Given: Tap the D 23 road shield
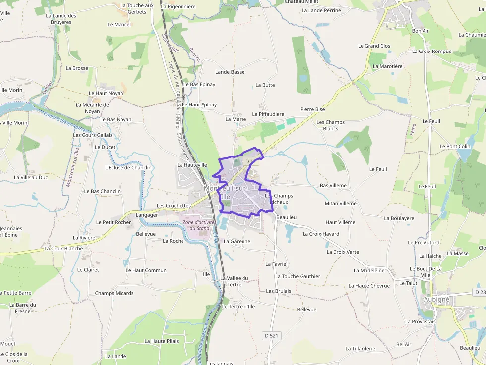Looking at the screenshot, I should [479, 293].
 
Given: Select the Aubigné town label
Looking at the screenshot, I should [436, 299].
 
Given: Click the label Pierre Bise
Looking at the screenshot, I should [312, 109].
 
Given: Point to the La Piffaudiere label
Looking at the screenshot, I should [268, 114].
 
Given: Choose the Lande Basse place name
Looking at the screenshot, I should [230, 72].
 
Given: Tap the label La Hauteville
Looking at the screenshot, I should [192, 165].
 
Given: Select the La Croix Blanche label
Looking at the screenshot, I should [64, 248].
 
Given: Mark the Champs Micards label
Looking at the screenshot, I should [114, 293].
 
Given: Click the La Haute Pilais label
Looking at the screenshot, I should [161, 341].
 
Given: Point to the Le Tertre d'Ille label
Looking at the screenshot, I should [238, 307].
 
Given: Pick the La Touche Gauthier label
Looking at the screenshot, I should [298, 276].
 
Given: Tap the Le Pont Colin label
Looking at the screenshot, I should [455, 147].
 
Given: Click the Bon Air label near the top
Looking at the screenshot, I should [420, 31].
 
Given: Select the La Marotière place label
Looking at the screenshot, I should [387, 66].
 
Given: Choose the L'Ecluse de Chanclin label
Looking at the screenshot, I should [128, 167].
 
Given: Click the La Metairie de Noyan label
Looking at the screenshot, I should [92, 108].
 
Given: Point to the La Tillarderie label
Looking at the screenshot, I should [360, 349].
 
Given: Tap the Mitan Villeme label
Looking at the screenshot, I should [340, 203].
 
